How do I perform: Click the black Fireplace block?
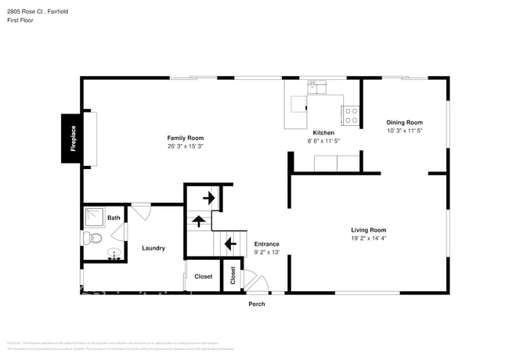coord(74,139)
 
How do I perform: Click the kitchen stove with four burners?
coord(351,116)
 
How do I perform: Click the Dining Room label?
coord(404,122)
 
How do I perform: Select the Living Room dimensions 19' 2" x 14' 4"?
coord(367,238)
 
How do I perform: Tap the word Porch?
coord(257,304)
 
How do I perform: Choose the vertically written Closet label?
coord(233,276)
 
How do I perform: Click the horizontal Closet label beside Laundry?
coord(203,276)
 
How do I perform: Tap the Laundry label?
coord(153,248)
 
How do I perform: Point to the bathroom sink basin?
coord(113,254)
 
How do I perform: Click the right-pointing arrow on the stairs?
coord(209,198)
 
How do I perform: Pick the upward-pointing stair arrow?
coord(199,221)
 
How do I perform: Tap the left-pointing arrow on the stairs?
coord(230,244)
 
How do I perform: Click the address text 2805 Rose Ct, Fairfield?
coord(38,11)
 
